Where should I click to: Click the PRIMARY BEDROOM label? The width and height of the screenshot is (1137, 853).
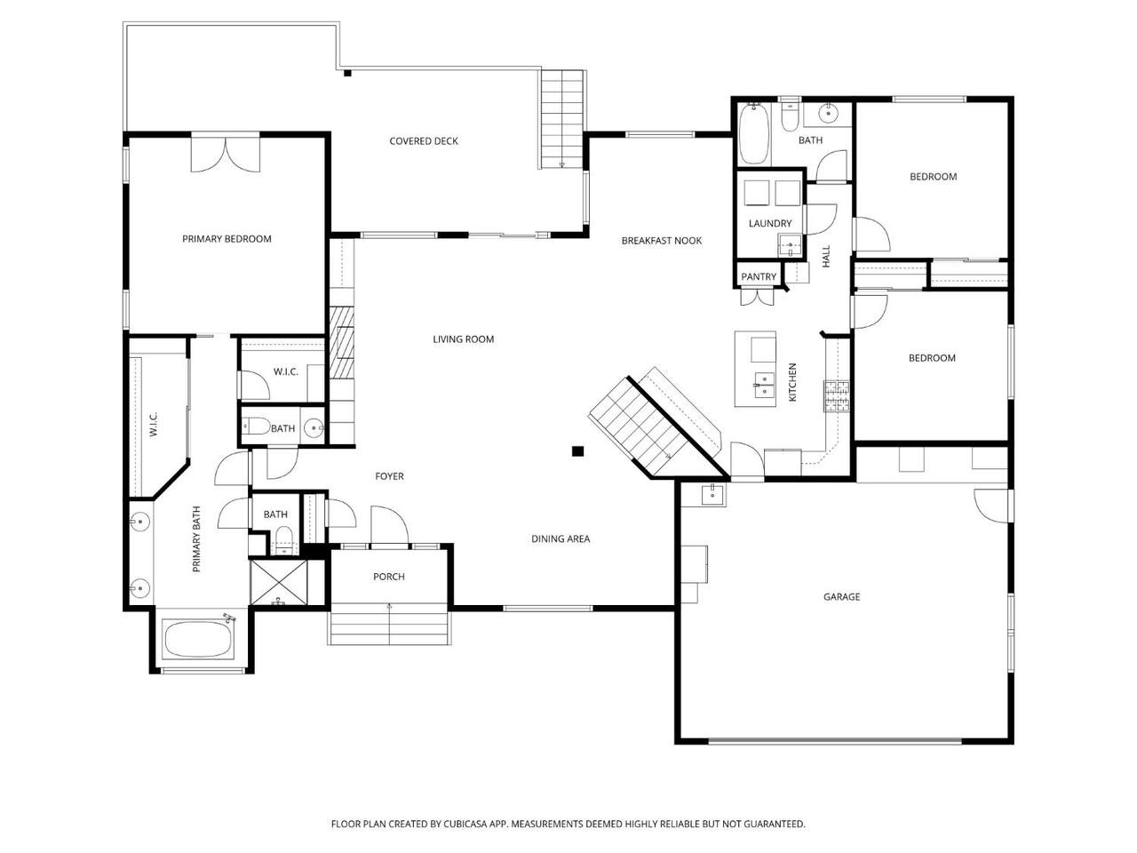point(227,239)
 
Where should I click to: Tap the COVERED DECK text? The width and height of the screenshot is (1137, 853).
point(423,141)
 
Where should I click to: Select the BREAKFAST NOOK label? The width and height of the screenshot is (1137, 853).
point(661,240)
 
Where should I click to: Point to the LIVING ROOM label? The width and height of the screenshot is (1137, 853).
point(463,339)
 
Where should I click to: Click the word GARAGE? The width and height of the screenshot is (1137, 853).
point(841,596)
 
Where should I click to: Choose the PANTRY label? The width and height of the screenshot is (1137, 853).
point(759,276)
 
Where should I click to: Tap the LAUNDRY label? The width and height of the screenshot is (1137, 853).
point(770,223)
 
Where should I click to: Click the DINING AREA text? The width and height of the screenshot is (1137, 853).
point(561,538)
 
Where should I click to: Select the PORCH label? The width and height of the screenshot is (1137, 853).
point(388,577)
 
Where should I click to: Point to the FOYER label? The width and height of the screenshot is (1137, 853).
point(389,476)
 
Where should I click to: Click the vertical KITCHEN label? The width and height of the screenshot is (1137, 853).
point(792,382)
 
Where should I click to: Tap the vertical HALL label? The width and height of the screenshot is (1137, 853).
point(826,257)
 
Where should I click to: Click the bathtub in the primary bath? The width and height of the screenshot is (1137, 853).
point(198,639)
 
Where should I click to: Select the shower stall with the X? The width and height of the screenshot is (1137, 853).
point(279,582)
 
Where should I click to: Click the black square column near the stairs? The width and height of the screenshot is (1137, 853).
point(577,451)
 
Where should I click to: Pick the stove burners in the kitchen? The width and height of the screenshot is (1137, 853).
point(837,395)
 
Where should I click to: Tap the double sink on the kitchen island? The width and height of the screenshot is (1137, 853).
point(765,384)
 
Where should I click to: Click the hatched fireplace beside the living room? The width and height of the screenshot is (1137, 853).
point(342,342)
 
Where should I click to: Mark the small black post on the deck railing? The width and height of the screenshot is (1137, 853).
point(347,73)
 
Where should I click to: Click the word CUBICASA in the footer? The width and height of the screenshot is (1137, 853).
point(465,824)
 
